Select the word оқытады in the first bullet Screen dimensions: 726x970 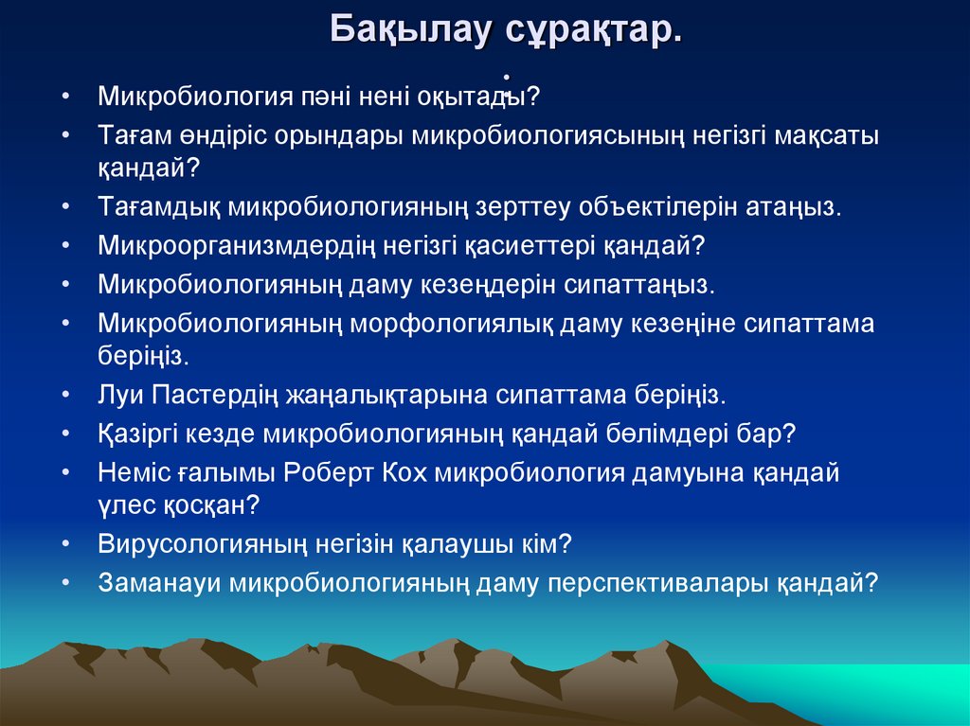[487, 97]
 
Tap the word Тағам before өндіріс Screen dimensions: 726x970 [130, 135]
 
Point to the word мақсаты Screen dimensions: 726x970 [826, 135]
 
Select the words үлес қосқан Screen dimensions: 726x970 [178, 505]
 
